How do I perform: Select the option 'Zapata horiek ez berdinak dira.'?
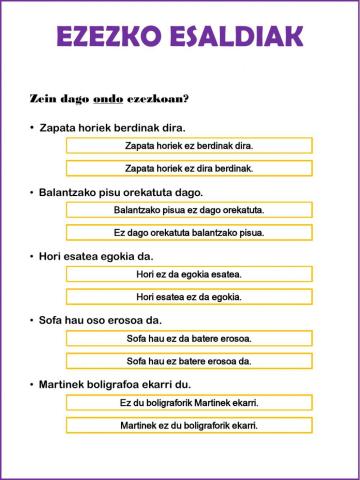point(189,145)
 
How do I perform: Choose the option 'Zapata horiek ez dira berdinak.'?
point(189,168)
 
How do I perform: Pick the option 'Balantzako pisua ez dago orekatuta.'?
point(189,210)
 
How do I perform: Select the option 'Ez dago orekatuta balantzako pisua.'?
point(189,233)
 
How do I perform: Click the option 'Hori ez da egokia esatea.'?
point(189,274)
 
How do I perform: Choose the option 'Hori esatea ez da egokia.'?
point(189,297)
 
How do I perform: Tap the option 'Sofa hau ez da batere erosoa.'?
point(189,338)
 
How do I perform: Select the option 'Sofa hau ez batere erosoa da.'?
point(189,361)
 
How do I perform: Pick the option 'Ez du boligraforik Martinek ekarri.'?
point(189,402)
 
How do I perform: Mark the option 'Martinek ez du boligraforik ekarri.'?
point(189,425)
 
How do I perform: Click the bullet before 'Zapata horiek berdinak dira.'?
point(32,127)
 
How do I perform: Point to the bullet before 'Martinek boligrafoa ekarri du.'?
point(32,384)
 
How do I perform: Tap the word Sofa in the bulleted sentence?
point(52,320)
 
